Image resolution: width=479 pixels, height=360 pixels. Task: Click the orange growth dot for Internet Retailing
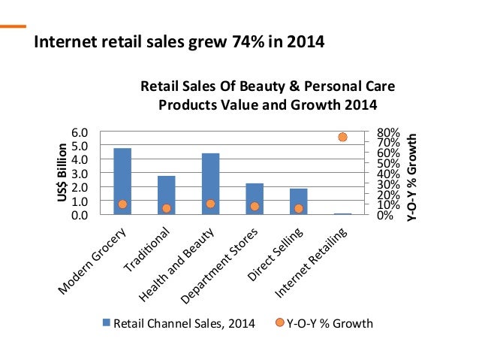point(342,137)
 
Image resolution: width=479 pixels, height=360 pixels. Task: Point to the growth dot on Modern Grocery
point(122,204)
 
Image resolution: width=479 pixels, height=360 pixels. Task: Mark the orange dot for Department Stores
point(255,207)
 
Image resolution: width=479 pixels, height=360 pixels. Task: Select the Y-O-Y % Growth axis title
point(411,177)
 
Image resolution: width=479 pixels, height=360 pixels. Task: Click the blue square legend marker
point(107,323)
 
